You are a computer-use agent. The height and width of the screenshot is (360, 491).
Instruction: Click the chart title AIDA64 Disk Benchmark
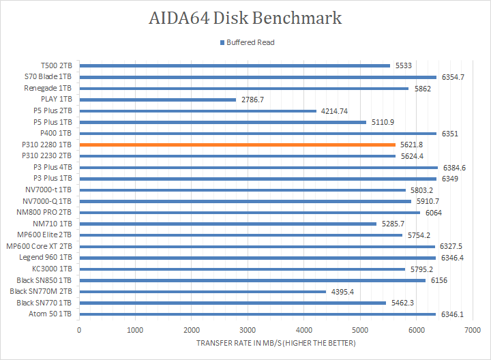245,18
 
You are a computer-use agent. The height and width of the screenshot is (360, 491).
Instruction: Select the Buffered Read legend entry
246,42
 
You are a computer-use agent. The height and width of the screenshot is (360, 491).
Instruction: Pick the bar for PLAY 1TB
158,100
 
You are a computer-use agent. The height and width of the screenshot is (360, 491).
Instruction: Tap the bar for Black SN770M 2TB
203,291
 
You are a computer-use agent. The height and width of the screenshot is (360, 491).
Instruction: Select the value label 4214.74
334,110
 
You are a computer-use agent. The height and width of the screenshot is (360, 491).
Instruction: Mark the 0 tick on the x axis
79,329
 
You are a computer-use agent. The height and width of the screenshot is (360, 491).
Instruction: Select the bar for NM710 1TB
228,224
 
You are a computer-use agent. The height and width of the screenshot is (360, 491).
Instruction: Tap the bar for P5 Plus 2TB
198,110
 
